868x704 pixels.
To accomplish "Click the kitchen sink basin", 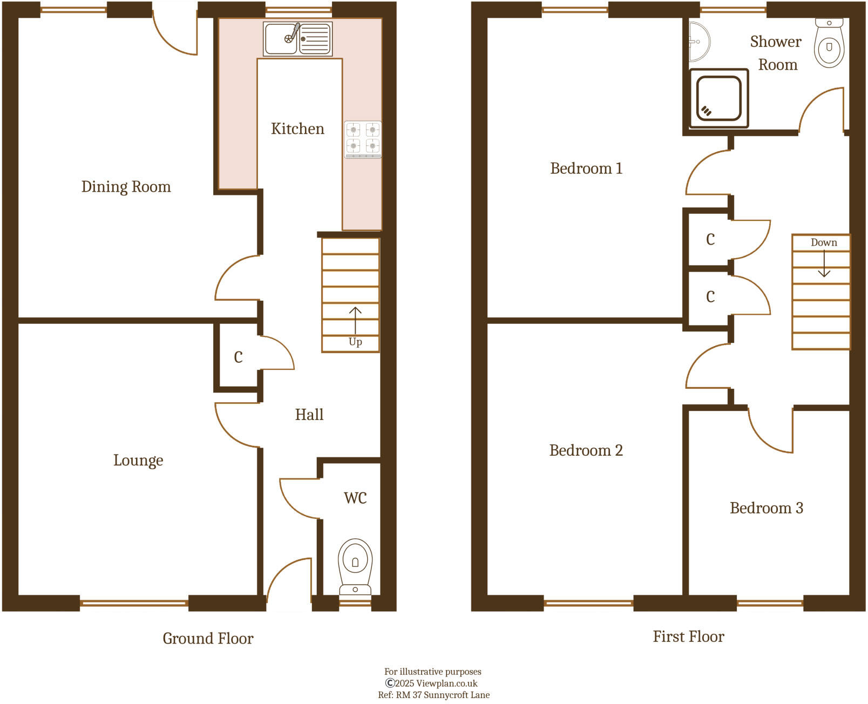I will (x=281, y=39).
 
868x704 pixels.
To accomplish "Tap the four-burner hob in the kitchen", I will (x=363, y=139).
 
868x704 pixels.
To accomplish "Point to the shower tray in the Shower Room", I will (x=718, y=98).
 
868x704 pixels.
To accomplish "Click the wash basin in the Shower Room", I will (x=699, y=42).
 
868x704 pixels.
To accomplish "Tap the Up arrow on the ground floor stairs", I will (x=355, y=322).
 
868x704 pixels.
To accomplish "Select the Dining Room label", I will (x=126, y=187).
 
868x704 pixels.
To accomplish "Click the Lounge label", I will (x=138, y=461).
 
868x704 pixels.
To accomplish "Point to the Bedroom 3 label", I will (x=766, y=508).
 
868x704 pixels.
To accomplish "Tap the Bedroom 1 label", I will (x=586, y=168).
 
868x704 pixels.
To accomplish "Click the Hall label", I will (x=309, y=415).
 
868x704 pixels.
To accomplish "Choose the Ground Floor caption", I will (x=208, y=639).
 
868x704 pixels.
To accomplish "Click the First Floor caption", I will (x=688, y=637).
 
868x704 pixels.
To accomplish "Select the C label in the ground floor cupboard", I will (x=238, y=357).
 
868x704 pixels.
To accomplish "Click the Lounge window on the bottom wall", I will (x=134, y=603).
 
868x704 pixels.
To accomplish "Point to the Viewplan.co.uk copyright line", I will (x=431, y=683).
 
